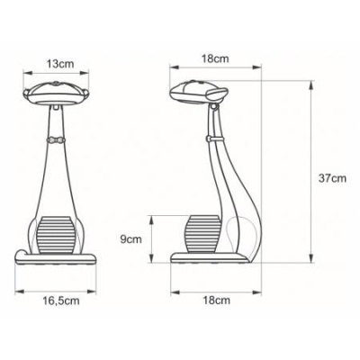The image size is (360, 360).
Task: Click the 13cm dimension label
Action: click(x=60, y=64)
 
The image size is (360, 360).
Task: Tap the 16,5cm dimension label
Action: click(x=61, y=301)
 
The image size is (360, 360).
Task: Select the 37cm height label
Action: click(x=332, y=178)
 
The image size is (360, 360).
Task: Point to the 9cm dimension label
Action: click(x=130, y=239)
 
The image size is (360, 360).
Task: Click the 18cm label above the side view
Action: click(x=215, y=58)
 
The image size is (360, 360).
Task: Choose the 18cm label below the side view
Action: click(x=217, y=301)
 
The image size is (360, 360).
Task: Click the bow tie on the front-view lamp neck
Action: click(x=56, y=139)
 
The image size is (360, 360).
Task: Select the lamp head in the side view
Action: click(x=198, y=92)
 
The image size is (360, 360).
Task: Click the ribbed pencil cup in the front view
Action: click(x=56, y=235)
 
